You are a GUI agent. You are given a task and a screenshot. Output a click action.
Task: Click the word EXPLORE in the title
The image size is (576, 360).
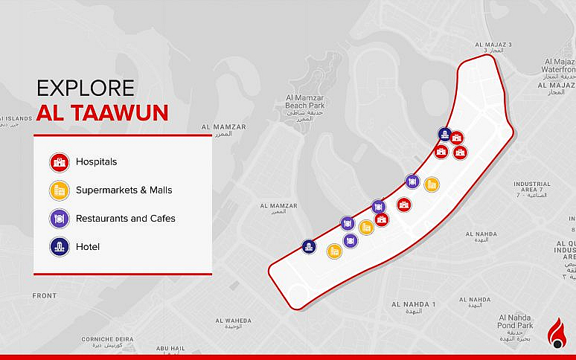coord(86,88)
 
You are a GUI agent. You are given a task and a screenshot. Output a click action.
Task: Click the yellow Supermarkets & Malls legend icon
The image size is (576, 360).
coord(60,190)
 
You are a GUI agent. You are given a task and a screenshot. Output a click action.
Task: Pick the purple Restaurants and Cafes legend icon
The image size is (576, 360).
coord(60,219)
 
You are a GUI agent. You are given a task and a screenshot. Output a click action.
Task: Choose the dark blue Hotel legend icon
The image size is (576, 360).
coord(60,246)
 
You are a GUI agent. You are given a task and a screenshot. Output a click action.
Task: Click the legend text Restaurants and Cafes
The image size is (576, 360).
coord(125,219)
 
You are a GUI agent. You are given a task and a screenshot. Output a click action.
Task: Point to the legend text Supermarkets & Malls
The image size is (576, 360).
coord(124,190)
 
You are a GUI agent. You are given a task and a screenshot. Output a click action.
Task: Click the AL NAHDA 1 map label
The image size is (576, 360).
coord(413,306)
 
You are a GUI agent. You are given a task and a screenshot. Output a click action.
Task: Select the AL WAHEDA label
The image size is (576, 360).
coord(233,321)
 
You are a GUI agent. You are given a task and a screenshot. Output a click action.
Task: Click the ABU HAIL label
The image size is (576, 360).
coord(170,348)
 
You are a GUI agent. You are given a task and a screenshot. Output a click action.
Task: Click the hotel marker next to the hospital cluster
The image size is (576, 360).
coord(444,134)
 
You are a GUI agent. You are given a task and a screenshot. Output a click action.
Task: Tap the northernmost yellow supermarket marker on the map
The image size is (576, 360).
coord(432,184)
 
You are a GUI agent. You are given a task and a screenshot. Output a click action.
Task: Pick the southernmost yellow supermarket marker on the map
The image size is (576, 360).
coord(334,251)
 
